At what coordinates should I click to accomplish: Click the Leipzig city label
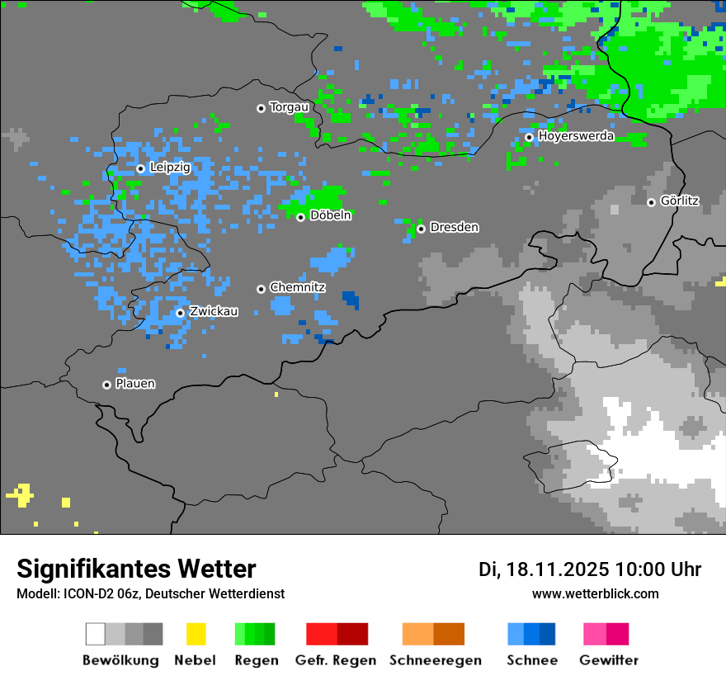click(170, 168)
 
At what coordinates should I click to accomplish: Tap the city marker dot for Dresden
click(421, 229)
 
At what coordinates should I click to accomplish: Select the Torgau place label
click(290, 107)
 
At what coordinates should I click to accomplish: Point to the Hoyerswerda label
click(576, 136)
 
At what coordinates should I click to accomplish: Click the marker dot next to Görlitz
click(651, 202)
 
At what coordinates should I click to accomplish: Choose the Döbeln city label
click(331, 215)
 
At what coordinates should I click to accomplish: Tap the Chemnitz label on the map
click(298, 288)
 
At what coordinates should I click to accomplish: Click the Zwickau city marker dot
click(180, 313)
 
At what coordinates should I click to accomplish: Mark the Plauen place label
click(135, 384)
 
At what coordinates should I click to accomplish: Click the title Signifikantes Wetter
click(136, 569)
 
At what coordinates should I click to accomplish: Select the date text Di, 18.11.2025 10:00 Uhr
click(590, 569)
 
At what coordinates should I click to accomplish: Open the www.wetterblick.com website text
click(595, 593)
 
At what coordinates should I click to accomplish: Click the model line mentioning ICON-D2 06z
click(150, 593)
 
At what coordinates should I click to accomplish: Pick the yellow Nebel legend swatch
click(196, 634)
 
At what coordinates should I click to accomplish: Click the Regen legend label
click(255, 660)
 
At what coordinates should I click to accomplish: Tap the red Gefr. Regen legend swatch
click(337, 634)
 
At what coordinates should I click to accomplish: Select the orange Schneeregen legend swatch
click(433, 634)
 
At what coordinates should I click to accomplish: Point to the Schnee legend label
click(531, 660)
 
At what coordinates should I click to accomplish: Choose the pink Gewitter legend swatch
click(606, 634)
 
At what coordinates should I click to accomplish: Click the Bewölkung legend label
click(120, 660)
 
